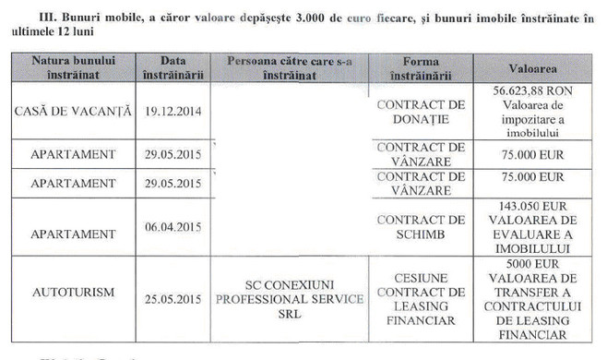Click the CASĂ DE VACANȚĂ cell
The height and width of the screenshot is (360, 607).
(x=70, y=110)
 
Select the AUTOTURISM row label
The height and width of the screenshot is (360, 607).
(x=70, y=293)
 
